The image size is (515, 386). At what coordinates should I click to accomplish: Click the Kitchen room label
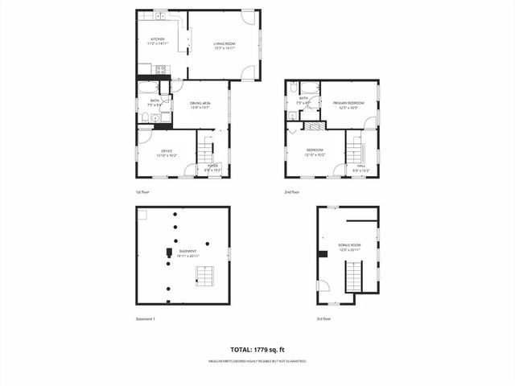(158, 41)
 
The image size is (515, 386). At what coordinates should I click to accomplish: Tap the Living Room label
(224, 46)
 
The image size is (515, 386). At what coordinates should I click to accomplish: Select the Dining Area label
(200, 105)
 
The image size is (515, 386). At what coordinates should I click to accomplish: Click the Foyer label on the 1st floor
(213, 167)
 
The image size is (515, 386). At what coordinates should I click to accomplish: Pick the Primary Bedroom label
(349, 105)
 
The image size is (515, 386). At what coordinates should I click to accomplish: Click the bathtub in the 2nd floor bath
(294, 89)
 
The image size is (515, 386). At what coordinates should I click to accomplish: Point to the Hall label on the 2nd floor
(361, 169)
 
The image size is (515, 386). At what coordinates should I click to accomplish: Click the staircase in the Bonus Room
(354, 277)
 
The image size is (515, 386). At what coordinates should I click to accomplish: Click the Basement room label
(187, 254)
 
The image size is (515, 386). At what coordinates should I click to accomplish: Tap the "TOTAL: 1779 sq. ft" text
(257, 350)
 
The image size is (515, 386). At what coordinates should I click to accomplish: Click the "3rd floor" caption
(324, 319)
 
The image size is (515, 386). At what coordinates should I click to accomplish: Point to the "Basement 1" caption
(146, 319)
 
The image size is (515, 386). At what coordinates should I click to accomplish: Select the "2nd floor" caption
(291, 193)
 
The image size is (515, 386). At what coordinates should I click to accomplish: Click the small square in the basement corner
(142, 214)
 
